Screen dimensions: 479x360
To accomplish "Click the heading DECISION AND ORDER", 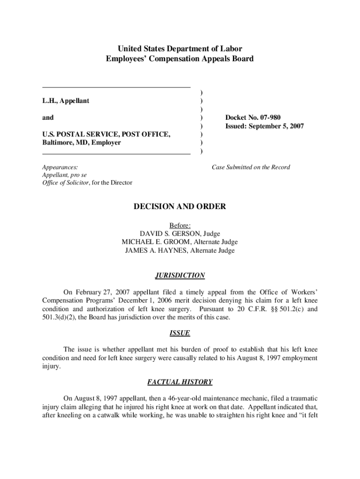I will [180, 206].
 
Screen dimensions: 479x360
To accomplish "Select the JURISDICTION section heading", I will [180, 276].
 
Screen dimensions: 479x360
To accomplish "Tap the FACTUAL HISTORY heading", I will [180, 382].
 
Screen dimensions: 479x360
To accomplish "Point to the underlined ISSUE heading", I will [180, 334].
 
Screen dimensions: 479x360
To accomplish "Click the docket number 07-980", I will [266, 117].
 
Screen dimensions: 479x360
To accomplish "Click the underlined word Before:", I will [180, 225].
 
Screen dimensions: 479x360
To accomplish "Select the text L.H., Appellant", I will [65, 101].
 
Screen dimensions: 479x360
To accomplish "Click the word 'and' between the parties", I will [48, 117].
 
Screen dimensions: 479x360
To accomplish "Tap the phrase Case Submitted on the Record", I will [251, 167].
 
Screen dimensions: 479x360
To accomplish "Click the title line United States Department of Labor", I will [180, 49].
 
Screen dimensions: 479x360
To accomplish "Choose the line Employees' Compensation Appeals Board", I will [180, 58].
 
